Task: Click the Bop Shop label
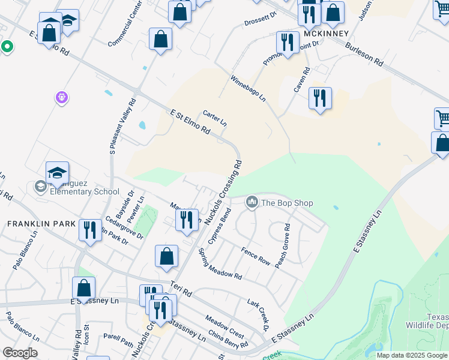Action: (x=286, y=203)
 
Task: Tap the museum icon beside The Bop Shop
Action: (x=252, y=203)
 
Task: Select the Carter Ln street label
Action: (x=214, y=118)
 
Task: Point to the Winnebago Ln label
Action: (x=248, y=88)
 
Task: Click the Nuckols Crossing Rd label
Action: (x=223, y=192)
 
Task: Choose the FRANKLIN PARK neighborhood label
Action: (x=41, y=223)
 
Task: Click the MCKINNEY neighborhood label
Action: (x=326, y=34)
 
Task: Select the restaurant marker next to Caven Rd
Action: (x=320, y=97)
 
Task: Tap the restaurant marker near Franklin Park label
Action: (x=89, y=230)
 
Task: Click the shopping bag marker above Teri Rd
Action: (x=166, y=256)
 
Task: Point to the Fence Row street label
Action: (x=256, y=256)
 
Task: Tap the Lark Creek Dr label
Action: (x=258, y=314)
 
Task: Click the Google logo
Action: (x=20, y=353)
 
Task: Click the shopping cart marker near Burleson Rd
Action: (x=443, y=118)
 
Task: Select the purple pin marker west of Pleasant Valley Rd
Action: (x=61, y=97)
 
